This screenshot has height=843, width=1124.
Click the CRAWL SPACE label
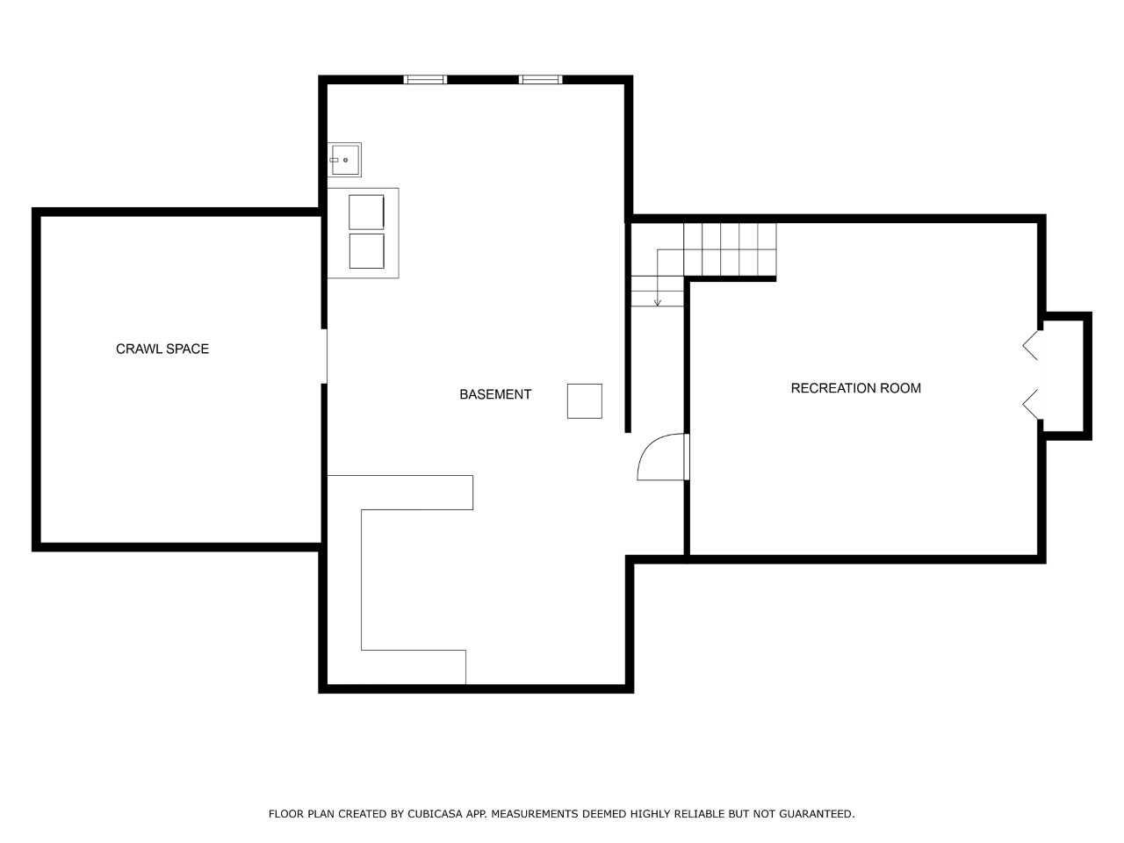point(162,349)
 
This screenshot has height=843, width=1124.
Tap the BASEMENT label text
point(495,394)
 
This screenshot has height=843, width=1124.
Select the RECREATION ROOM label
point(855,388)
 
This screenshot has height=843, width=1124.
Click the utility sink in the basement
point(344,160)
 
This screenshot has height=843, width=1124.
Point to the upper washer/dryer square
point(367,212)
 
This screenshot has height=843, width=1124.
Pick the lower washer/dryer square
point(367,251)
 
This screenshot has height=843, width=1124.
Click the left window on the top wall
point(425,79)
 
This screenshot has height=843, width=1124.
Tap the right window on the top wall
point(540,79)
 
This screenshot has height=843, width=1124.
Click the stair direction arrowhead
point(658,303)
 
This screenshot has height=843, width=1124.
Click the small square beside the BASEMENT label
point(585,401)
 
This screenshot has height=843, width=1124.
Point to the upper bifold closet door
point(1030,345)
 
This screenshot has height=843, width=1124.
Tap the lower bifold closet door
point(1030,404)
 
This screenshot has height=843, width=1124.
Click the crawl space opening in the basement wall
point(324,357)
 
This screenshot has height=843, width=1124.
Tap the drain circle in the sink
point(346,160)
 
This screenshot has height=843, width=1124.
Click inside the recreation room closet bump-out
point(1063,376)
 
